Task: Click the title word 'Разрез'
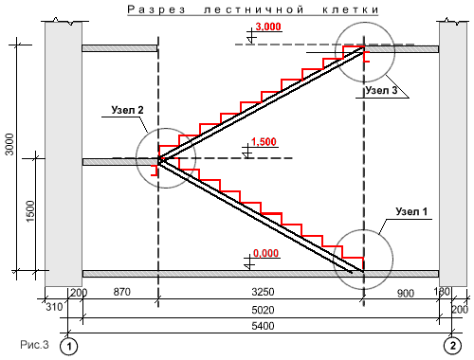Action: click(156, 9)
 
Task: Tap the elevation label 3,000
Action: click(268, 27)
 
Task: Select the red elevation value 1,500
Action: click(264, 142)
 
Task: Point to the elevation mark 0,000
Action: click(265, 253)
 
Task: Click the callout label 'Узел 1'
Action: click(411, 211)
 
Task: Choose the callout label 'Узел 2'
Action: click(127, 110)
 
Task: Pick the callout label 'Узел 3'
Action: click(381, 90)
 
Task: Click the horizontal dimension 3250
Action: click(263, 292)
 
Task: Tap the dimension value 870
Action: click(121, 292)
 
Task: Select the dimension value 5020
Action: click(263, 310)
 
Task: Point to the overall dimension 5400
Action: click(263, 326)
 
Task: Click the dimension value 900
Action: click(406, 294)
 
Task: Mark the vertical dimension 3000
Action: click(9, 144)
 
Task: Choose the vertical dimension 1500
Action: click(30, 211)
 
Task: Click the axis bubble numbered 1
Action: click(68, 347)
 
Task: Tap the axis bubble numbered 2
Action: click(452, 345)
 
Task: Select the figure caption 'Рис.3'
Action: click(35, 345)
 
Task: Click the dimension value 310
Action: click(54, 307)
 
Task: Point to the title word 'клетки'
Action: click(350, 9)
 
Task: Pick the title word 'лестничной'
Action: click(254, 9)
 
